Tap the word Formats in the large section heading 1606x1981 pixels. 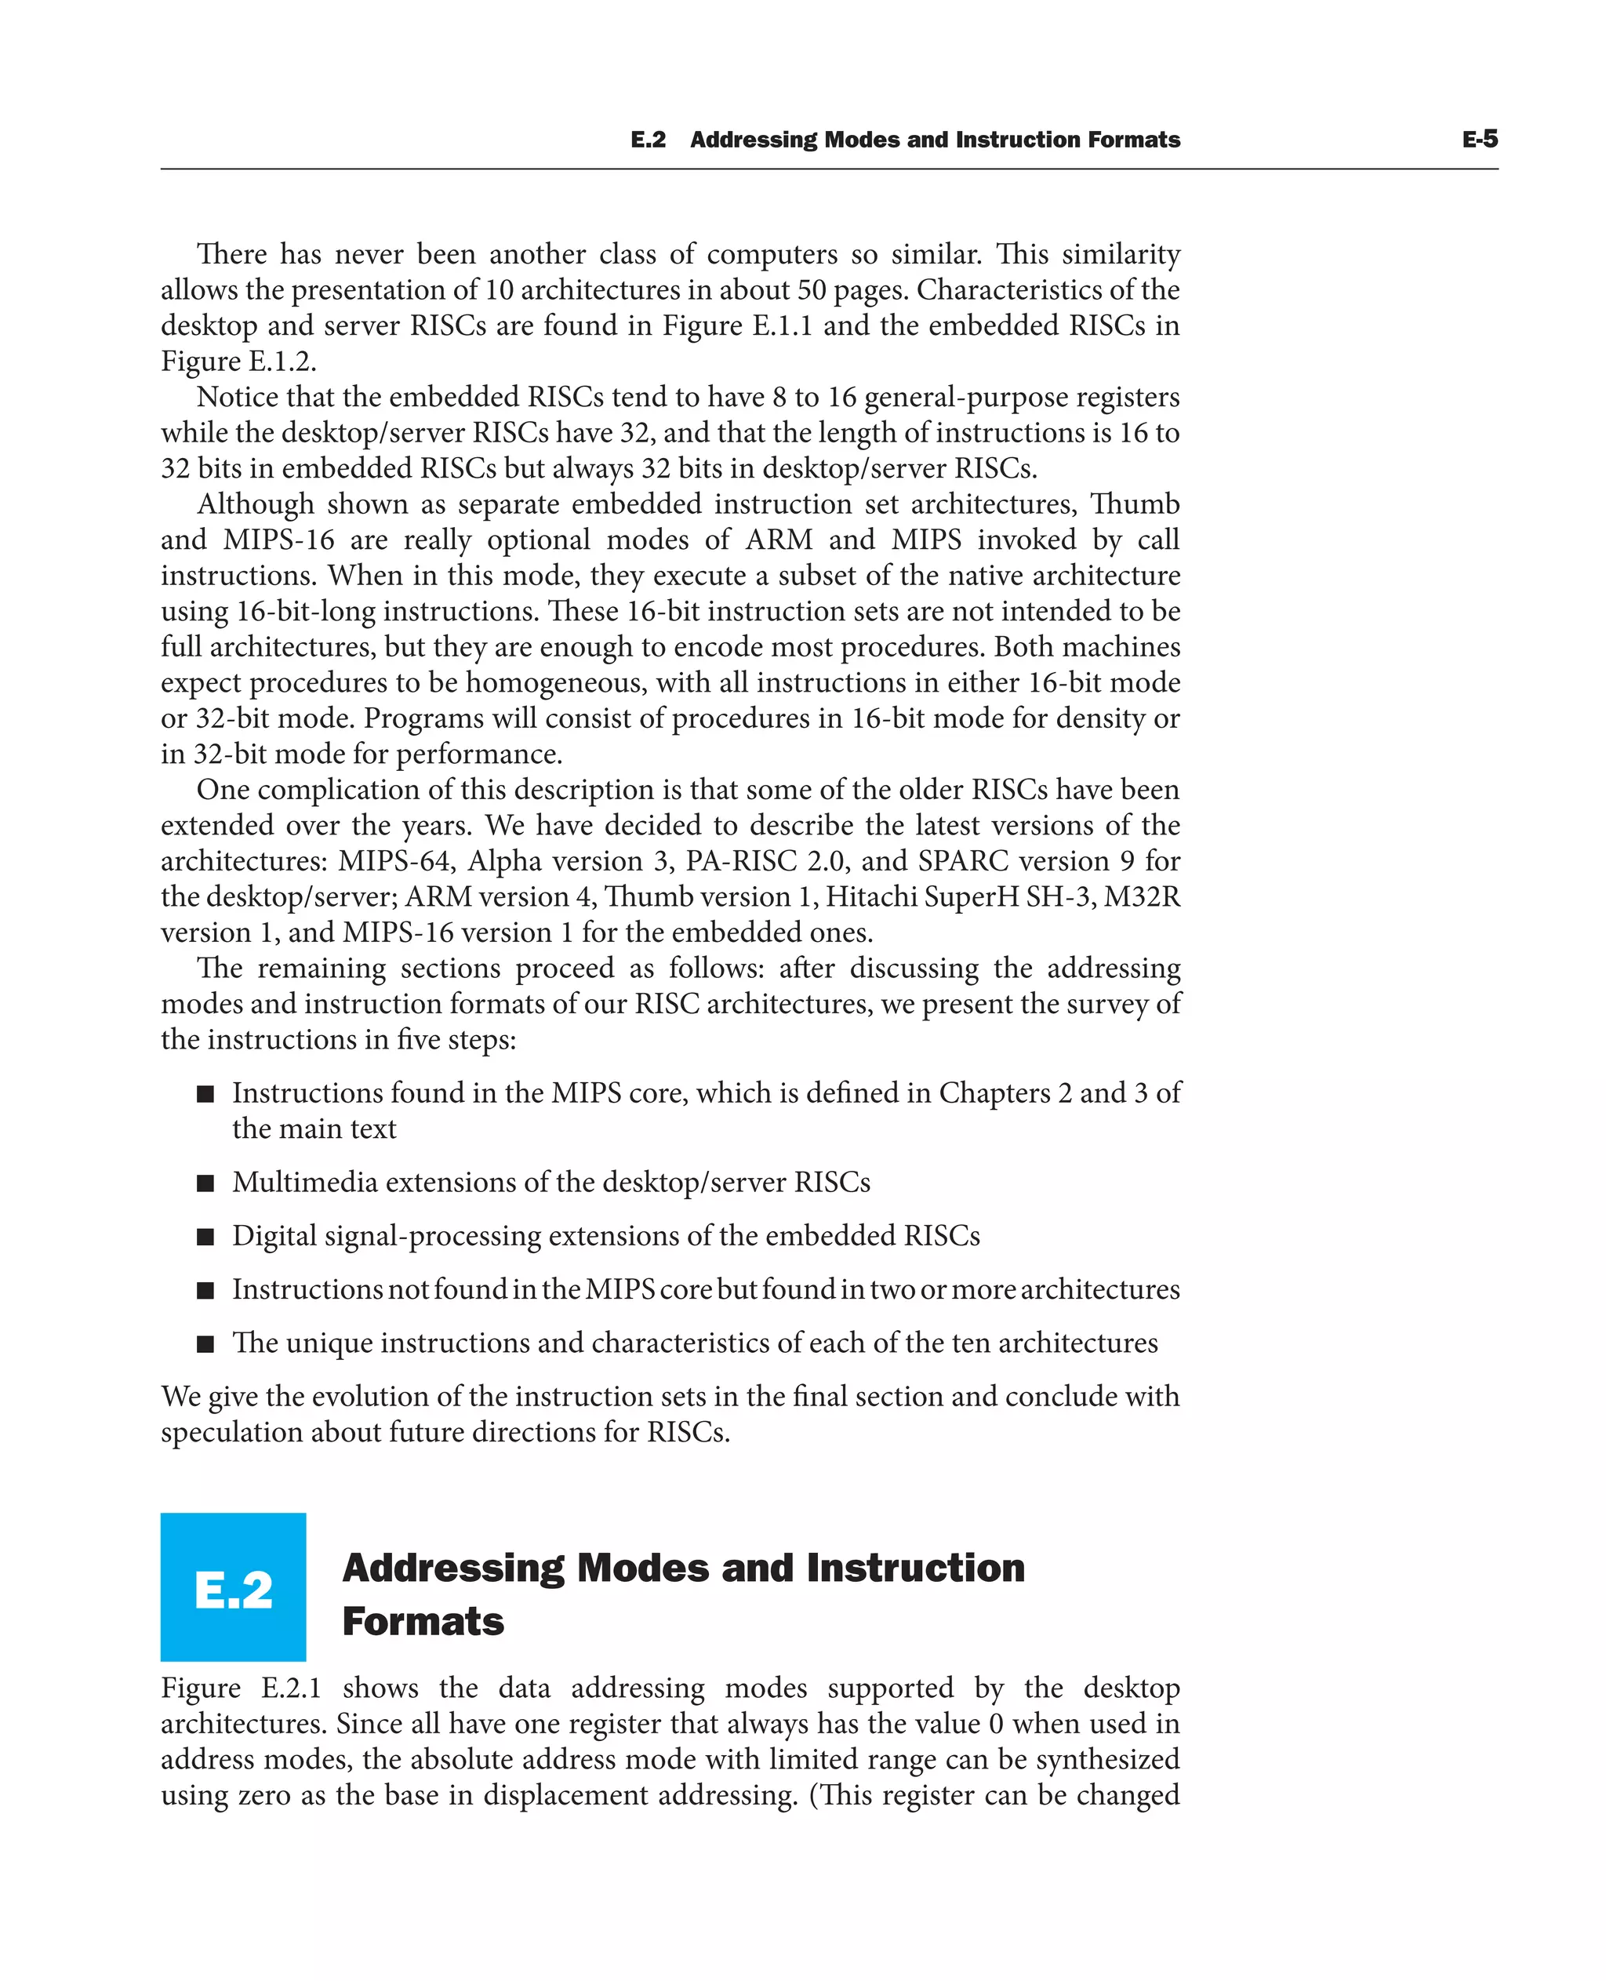423,1622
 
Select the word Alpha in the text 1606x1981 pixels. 504,861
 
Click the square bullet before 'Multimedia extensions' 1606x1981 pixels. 205,1183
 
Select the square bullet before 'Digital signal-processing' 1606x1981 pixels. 205,1237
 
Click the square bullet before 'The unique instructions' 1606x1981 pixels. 205,1343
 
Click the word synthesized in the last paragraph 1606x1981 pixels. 1106,1759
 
